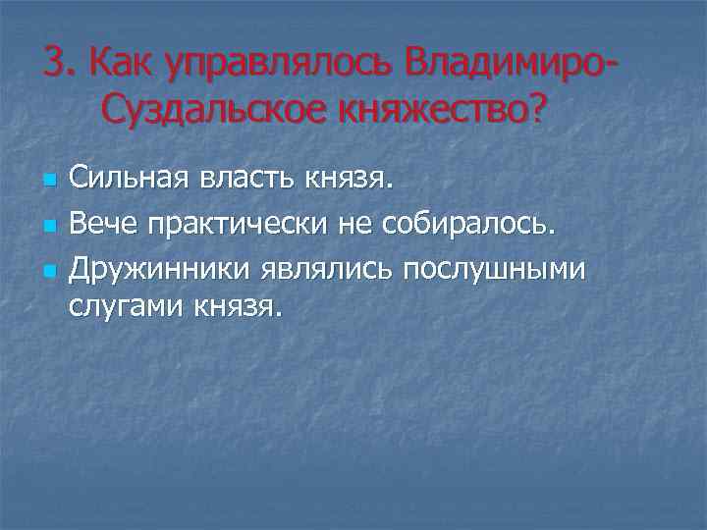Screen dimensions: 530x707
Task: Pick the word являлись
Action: pos(340,268)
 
